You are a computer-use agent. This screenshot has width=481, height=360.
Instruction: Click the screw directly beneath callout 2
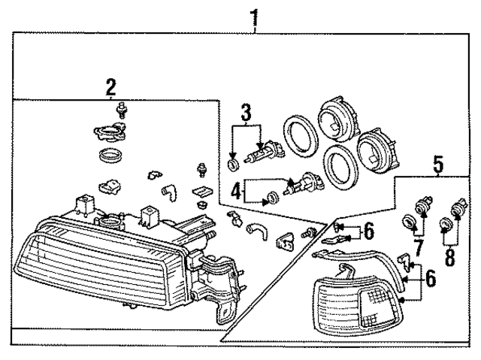coord(119,113)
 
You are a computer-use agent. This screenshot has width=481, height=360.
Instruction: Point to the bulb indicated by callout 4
coord(306,183)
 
